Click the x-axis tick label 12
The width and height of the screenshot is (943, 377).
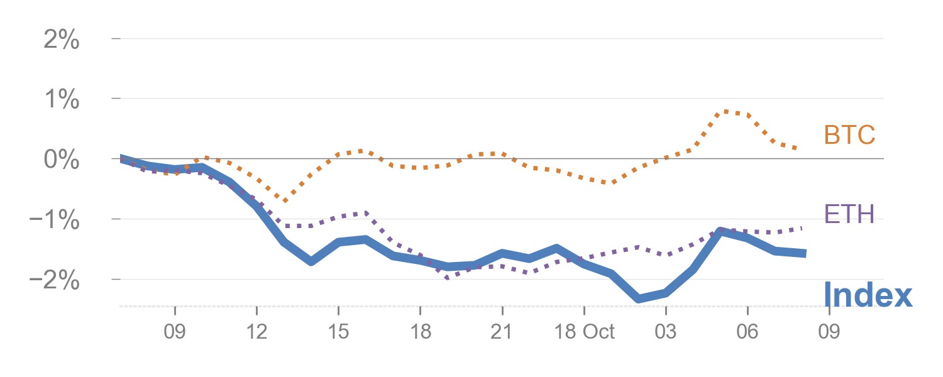coord(256,332)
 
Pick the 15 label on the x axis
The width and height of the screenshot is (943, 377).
coord(338,332)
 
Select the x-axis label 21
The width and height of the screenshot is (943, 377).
coord(502,332)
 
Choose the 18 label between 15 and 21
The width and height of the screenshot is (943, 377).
coord(420,332)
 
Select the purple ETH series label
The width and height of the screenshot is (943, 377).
coord(849,215)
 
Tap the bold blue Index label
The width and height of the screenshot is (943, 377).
coord(868,295)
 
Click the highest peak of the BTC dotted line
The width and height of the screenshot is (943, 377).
coord(727,111)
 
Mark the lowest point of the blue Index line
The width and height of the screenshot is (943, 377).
coord(639,298)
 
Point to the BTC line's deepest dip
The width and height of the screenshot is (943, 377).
coord(285,201)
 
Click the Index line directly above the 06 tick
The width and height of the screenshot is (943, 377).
coord(747,237)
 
